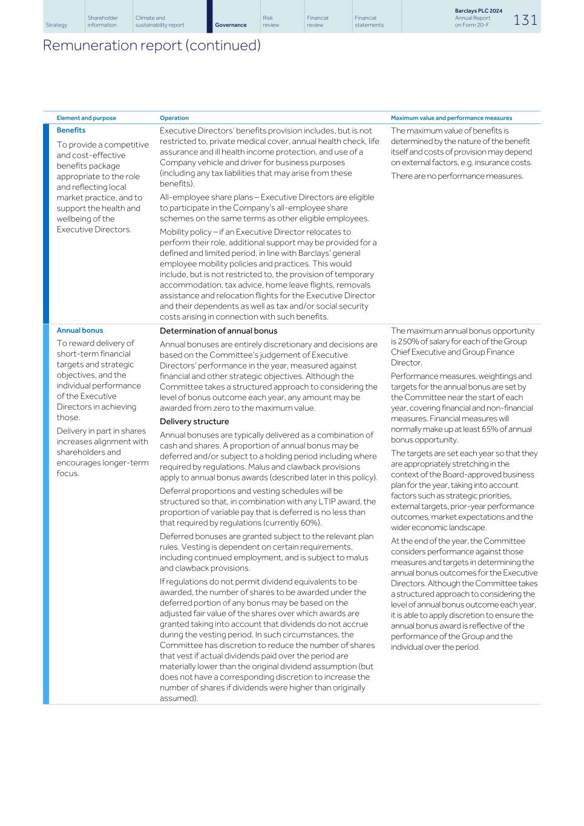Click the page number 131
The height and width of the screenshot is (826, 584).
point(525,20)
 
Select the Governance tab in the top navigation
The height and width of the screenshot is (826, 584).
point(231,25)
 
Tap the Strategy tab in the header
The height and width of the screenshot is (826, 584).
point(56,25)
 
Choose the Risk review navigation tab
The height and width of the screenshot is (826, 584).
point(271,22)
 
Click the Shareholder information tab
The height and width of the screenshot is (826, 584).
point(102,22)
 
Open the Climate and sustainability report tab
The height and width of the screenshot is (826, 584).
point(159,22)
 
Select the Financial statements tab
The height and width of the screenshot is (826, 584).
point(369,22)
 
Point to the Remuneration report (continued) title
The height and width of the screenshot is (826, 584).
point(151,45)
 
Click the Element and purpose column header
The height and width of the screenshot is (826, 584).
point(86,118)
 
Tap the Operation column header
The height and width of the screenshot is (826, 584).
point(174,118)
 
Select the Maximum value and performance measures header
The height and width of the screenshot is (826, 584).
point(451,118)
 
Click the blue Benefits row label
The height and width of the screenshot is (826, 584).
point(71,130)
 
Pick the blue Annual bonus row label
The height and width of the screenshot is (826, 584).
point(79,330)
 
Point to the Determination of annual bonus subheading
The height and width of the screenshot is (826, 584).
point(218,331)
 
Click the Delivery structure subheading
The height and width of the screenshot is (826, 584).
point(194,422)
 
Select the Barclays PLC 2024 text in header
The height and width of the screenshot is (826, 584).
point(478,11)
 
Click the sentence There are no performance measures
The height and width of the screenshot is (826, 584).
point(456,176)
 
